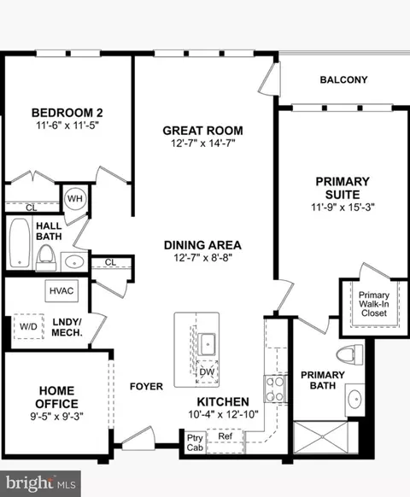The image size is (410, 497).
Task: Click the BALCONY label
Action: (x=343, y=80)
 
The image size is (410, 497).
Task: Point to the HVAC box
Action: (x=61, y=290)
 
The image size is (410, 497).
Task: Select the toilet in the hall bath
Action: (x=45, y=255)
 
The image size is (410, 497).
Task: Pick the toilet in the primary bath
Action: (x=348, y=354)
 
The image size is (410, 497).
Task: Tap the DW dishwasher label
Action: (x=206, y=372)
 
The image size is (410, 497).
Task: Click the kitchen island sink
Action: (x=207, y=343)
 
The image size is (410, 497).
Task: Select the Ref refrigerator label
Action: (x=225, y=436)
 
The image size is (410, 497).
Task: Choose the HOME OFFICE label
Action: (x=57, y=397)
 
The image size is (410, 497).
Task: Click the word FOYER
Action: (x=146, y=386)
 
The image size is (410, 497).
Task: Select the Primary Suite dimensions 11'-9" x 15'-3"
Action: (x=343, y=206)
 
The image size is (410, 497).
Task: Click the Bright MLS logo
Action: (x=40, y=482)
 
